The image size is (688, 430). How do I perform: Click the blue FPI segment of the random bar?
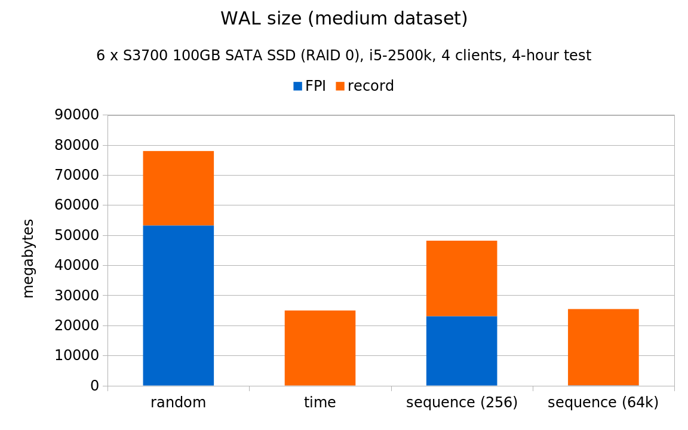178,305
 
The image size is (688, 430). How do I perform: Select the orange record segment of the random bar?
178,188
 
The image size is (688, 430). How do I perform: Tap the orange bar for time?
320,348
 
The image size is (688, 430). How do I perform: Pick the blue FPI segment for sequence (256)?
461,351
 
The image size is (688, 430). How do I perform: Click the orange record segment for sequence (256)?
461,278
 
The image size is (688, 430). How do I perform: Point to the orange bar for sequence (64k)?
603,347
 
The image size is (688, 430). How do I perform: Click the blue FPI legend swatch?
297,87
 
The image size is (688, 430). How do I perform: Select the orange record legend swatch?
340,87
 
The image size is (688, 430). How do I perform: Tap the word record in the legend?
370,86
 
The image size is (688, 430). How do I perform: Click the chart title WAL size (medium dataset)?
344,19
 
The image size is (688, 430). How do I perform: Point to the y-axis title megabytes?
28,258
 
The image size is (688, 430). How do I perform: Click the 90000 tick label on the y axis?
76,115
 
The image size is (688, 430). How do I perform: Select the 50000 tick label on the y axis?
76,235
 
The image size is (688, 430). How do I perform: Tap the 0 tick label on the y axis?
94,386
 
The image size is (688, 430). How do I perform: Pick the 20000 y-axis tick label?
76,325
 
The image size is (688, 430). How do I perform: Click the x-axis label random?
178,403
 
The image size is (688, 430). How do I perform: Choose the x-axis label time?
320,403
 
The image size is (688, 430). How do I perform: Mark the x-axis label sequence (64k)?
603,403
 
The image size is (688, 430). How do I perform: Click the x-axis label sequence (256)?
461,403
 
